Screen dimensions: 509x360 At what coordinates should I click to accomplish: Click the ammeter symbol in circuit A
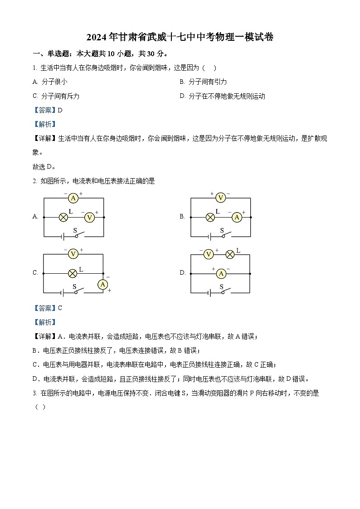(x=73, y=198)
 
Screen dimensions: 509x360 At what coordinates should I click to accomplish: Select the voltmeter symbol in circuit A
(x=89, y=217)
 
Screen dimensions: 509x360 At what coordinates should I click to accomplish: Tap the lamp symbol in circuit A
(x=63, y=217)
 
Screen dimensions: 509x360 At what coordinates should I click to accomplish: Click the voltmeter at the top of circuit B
(x=220, y=198)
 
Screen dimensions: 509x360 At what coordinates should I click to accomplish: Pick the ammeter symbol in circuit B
(x=236, y=217)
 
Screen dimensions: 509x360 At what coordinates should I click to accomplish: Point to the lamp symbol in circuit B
(x=210, y=217)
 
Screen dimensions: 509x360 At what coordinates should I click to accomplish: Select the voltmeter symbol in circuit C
(x=73, y=254)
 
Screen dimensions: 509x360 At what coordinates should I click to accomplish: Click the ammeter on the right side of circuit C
(x=103, y=284)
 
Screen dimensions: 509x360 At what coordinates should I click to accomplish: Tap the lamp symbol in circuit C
(x=73, y=273)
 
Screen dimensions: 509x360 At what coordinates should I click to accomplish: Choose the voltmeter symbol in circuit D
(x=208, y=254)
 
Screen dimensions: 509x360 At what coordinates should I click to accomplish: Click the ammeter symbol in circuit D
(x=221, y=273)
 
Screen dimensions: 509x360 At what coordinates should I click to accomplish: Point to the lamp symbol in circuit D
(x=230, y=254)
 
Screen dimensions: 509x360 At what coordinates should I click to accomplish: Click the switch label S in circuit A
(x=75, y=230)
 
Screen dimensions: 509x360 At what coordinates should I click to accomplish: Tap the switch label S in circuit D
(x=222, y=286)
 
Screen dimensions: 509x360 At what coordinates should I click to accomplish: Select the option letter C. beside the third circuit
(x=35, y=273)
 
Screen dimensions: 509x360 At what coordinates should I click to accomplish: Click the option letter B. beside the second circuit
(x=182, y=217)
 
